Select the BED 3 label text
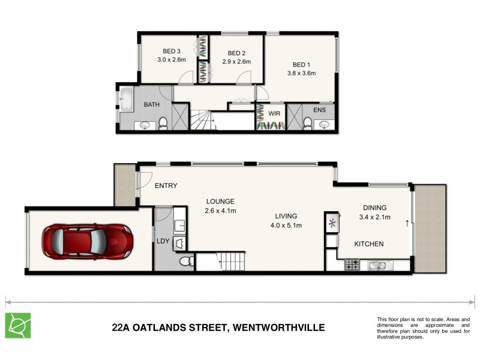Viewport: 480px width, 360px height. (x=171, y=51)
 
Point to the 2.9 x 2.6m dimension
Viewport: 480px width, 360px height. (x=237, y=61)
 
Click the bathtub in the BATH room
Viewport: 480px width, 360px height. (x=127, y=98)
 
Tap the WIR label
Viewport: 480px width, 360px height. (x=275, y=113)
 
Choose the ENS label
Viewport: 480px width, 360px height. (x=320, y=110)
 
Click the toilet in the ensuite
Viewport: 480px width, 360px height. (x=308, y=123)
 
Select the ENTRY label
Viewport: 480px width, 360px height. (x=166, y=186)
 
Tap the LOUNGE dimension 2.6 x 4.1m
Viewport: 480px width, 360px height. (x=220, y=211)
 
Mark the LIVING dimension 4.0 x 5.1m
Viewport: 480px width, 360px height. (x=286, y=225)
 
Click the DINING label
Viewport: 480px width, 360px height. (x=373, y=208)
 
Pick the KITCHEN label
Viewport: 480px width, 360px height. (x=368, y=244)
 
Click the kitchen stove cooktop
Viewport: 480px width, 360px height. (x=352, y=263)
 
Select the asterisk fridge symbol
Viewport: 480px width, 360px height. (x=331, y=223)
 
